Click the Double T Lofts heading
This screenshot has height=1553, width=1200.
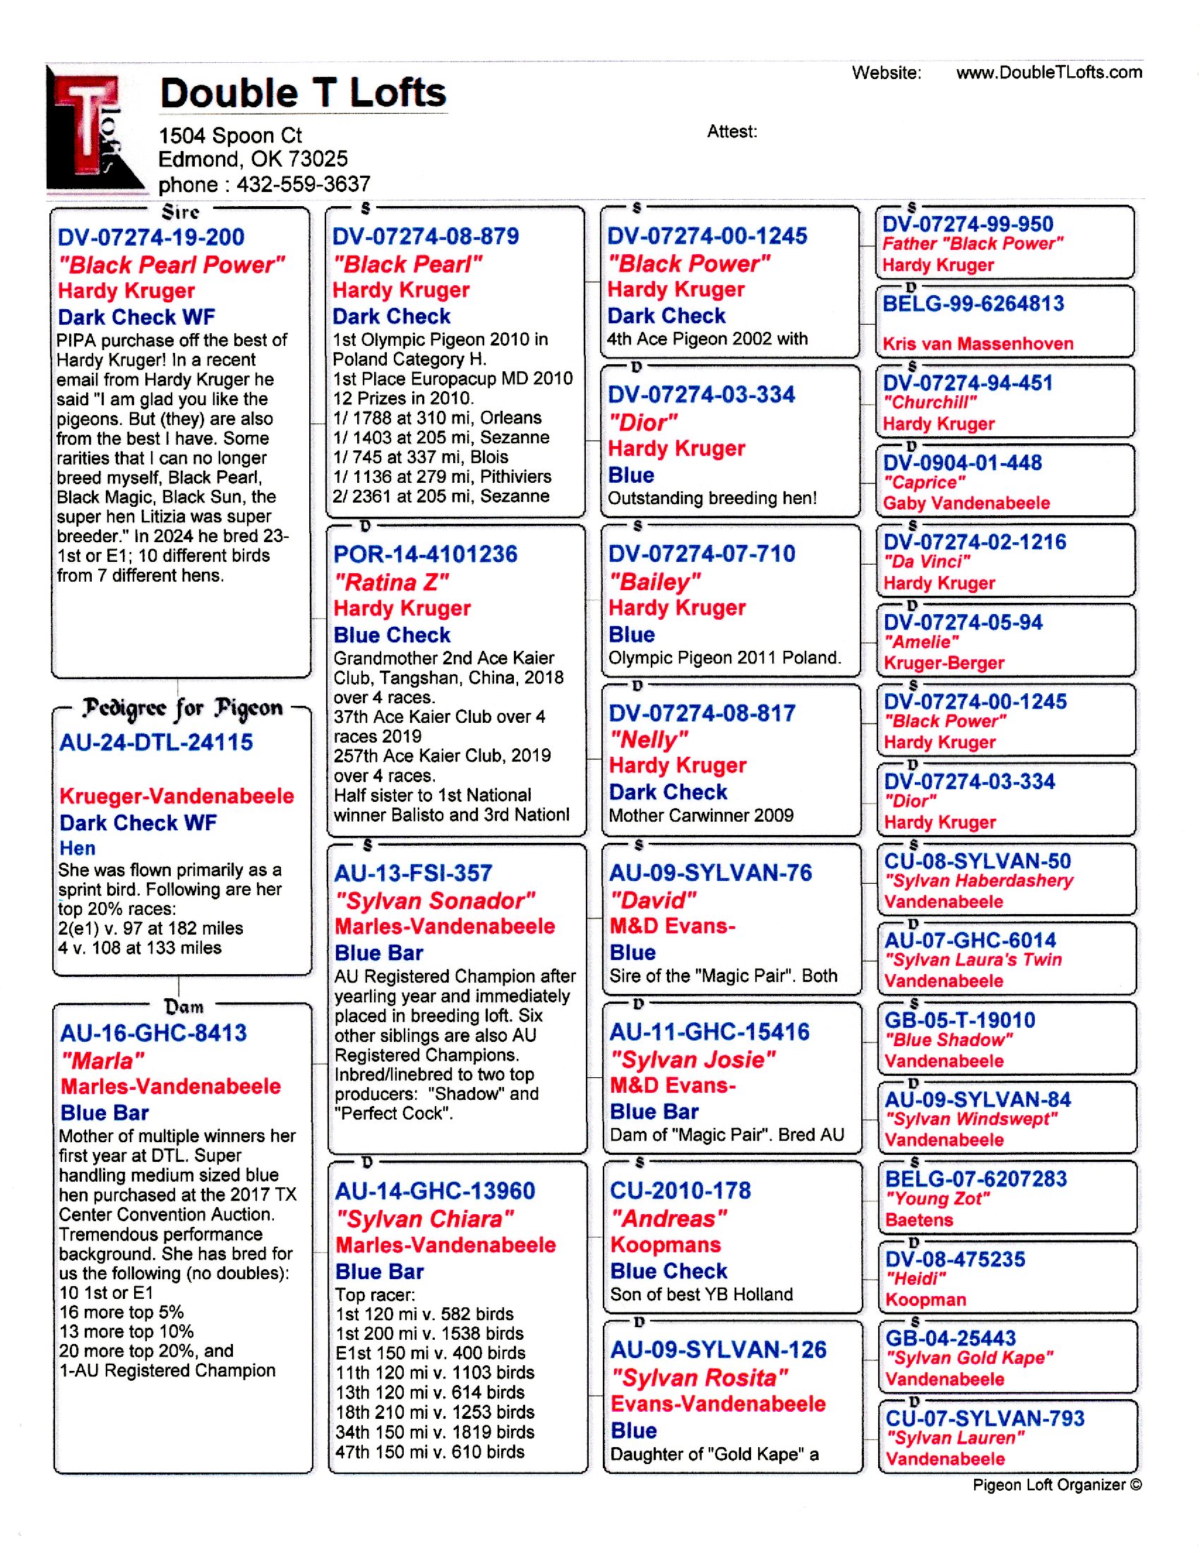[303, 93]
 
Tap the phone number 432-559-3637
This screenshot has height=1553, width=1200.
[304, 185]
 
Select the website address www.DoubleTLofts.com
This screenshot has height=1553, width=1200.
[1048, 73]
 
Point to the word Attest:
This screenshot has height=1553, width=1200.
[731, 131]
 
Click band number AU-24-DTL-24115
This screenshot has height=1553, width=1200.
[157, 743]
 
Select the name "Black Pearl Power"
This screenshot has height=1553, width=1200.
[172, 265]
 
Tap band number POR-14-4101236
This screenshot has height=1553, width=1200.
[425, 555]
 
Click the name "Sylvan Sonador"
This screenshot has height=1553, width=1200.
[434, 901]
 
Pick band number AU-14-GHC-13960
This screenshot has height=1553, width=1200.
[434, 1191]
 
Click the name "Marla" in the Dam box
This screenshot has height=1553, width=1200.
[102, 1061]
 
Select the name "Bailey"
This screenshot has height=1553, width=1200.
[655, 582]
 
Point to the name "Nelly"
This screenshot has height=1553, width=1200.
[648, 740]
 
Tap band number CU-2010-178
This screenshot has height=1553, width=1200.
[680, 1190]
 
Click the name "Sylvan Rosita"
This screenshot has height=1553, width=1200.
[700, 1378]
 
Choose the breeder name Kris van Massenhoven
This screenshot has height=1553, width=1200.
[978, 344]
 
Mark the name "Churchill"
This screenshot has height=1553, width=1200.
[929, 402]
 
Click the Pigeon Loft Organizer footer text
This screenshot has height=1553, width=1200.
[1057, 1485]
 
